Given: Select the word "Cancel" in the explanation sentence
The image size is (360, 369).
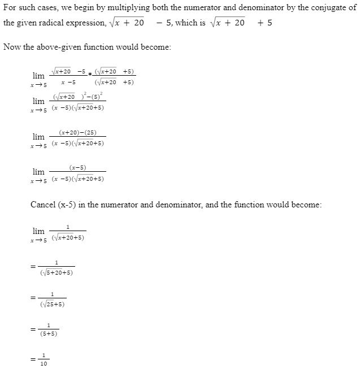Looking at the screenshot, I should tap(44, 204).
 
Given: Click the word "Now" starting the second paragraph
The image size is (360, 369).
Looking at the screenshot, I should tap(12, 46).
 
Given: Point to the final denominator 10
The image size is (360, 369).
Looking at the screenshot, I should tap(44, 363).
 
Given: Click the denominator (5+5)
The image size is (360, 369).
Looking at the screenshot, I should tap(49, 334).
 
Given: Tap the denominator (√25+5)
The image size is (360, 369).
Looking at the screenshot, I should tap(53, 304).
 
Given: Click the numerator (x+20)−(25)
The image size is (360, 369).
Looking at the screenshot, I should tap(77, 132).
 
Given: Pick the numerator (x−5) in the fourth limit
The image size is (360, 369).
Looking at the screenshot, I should tap(77, 168).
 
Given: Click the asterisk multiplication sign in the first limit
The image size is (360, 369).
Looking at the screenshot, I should tap(90, 76).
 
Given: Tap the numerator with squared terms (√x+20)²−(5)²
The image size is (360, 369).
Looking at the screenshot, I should tap(77, 97).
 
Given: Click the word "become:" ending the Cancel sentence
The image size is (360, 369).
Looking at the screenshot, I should tap(307, 204).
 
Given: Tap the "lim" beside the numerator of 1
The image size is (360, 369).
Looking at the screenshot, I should tap(38, 231).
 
